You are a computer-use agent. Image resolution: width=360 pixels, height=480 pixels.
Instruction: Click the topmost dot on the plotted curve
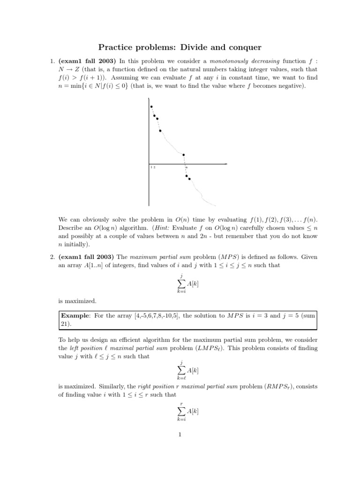point(151,107)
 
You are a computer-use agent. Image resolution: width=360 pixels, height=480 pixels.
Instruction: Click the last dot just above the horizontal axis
point(184,155)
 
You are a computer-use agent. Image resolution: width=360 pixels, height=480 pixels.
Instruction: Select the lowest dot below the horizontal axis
point(189,179)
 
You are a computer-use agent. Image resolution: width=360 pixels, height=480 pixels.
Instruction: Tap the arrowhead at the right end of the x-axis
point(226,164)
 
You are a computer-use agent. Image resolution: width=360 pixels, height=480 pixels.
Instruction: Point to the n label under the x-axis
point(186,167)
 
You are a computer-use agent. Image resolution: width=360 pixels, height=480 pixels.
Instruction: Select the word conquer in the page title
point(244,47)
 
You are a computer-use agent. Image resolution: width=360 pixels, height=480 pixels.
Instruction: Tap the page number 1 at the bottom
point(180,434)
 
